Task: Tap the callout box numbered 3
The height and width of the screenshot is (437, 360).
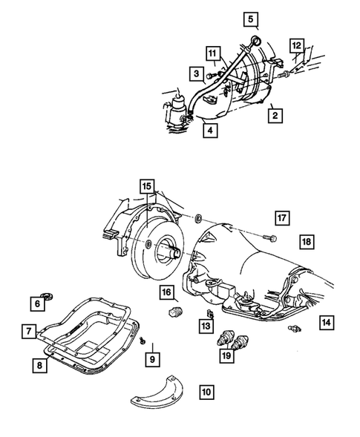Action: pos(196,73)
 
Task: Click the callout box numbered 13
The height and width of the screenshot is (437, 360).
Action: pos(205,325)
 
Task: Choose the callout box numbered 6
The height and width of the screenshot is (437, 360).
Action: pos(36,302)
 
